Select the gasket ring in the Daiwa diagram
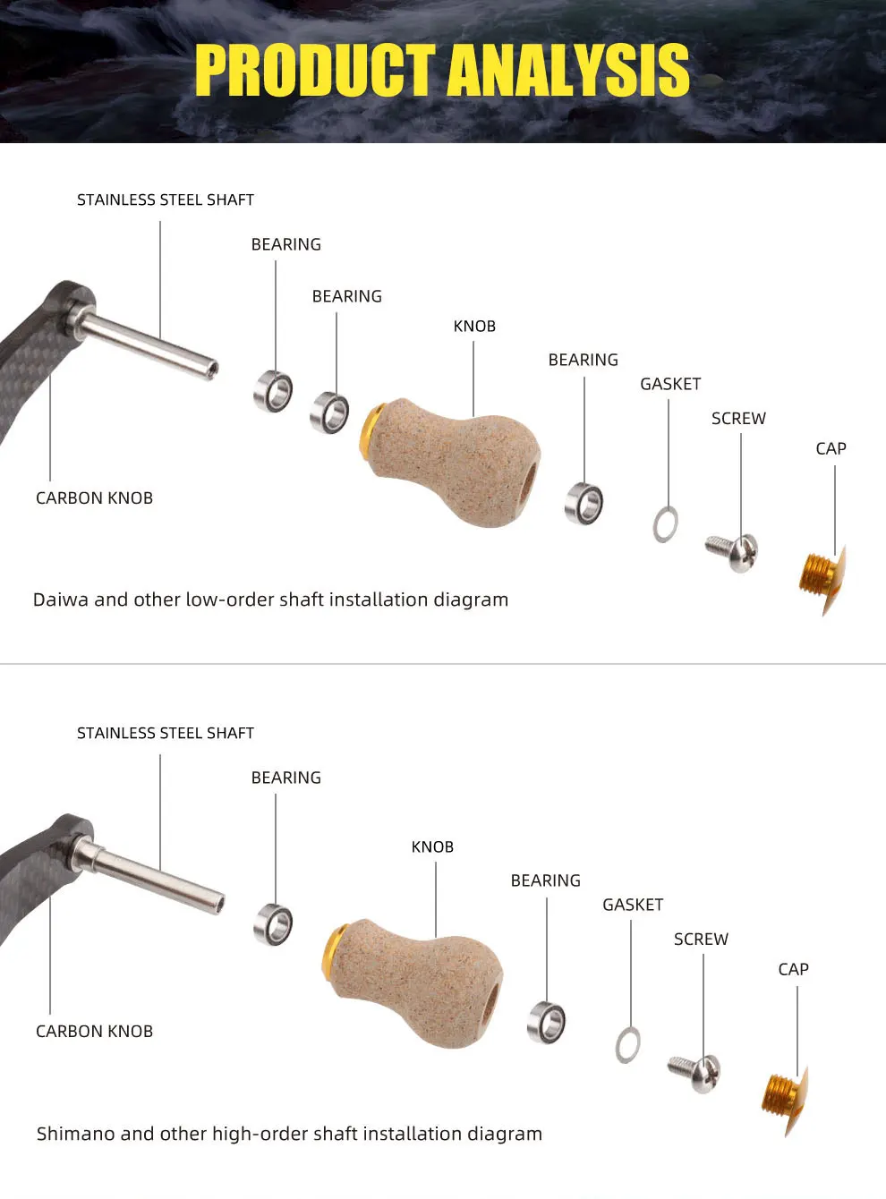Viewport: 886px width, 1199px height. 665,524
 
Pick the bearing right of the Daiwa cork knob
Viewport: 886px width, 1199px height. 584,504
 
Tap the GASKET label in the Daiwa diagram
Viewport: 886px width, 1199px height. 670,384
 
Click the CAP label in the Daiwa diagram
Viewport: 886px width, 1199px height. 831,448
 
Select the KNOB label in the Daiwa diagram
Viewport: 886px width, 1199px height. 474,327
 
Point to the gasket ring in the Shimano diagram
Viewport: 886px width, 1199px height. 627,1045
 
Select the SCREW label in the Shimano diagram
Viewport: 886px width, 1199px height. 701,940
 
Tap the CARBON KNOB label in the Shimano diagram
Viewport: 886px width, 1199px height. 94,1032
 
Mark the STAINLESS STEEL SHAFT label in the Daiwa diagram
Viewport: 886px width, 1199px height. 166,200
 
